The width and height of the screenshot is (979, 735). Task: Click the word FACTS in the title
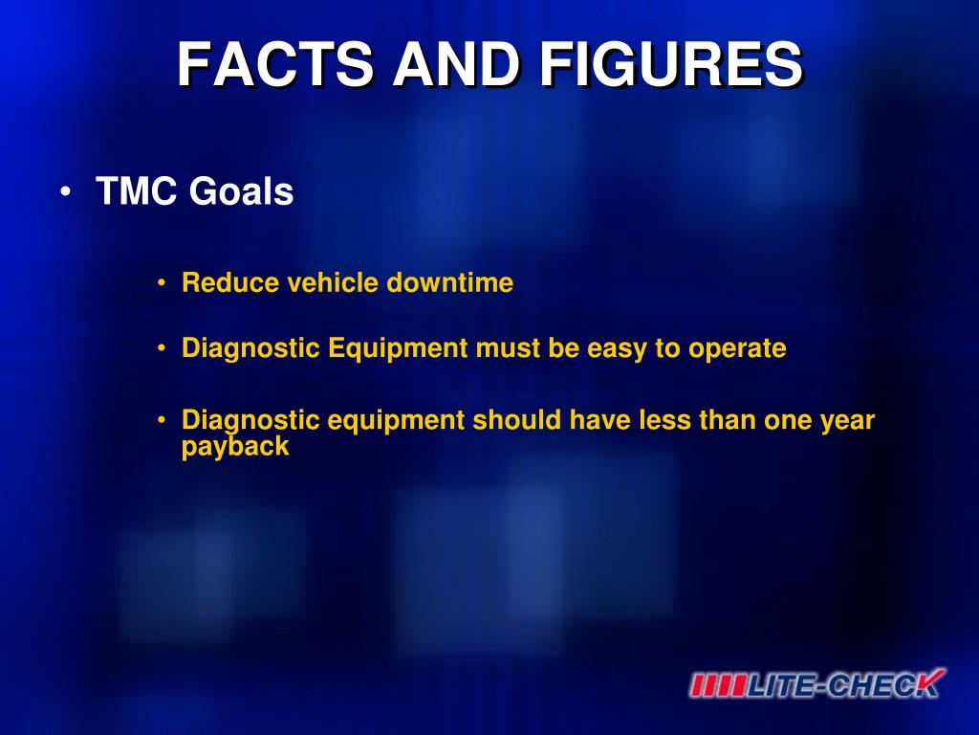275,64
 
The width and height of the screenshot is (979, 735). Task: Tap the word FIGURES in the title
670,64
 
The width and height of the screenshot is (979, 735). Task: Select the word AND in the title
456,64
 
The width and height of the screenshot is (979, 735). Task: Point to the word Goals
241,190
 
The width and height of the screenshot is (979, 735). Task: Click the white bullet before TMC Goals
66,191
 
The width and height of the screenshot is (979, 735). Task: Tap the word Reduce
229,282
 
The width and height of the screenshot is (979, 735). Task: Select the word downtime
450,282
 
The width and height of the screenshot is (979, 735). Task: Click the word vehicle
332,282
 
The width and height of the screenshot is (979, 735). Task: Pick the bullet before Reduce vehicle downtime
162,283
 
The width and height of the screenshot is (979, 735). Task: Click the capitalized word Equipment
398,348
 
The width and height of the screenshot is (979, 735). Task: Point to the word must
508,348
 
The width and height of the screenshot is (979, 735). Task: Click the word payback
235,447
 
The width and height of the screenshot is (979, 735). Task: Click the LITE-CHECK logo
817,683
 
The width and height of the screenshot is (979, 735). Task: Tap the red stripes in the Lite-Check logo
719,685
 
